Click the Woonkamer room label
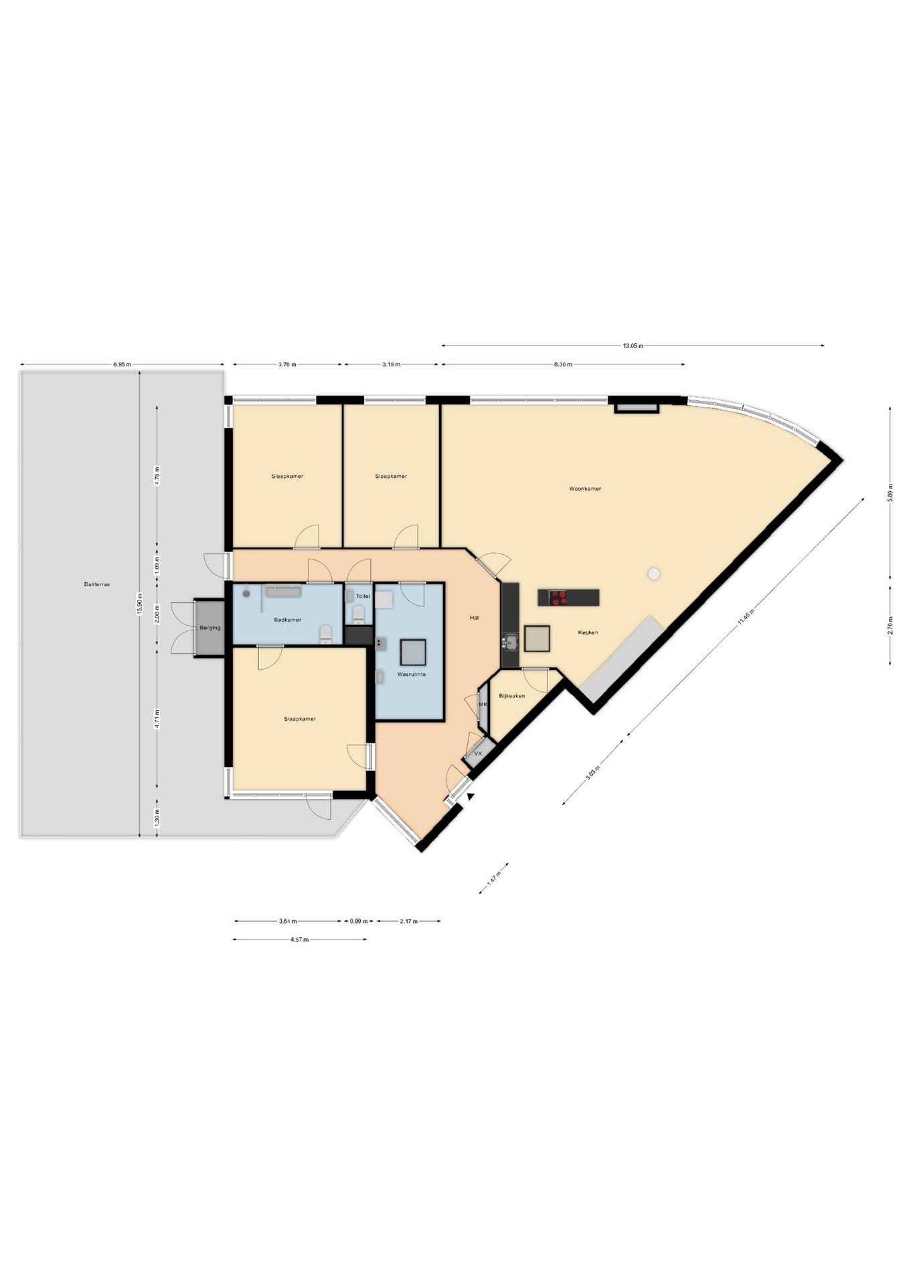(584, 489)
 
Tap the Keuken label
(588, 632)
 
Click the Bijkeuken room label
(511, 696)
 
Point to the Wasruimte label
(411, 674)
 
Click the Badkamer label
(287, 620)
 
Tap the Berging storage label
(210, 628)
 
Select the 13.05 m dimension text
(633, 346)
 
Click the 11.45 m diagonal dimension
(751, 617)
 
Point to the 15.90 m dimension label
(140, 603)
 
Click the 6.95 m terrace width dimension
(122, 365)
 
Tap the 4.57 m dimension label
(299, 940)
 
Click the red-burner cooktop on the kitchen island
(557, 597)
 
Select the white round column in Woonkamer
(654, 574)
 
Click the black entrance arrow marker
(471, 796)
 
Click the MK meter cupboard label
(482, 705)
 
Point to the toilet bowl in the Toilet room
(359, 613)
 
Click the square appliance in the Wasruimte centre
(413, 651)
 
